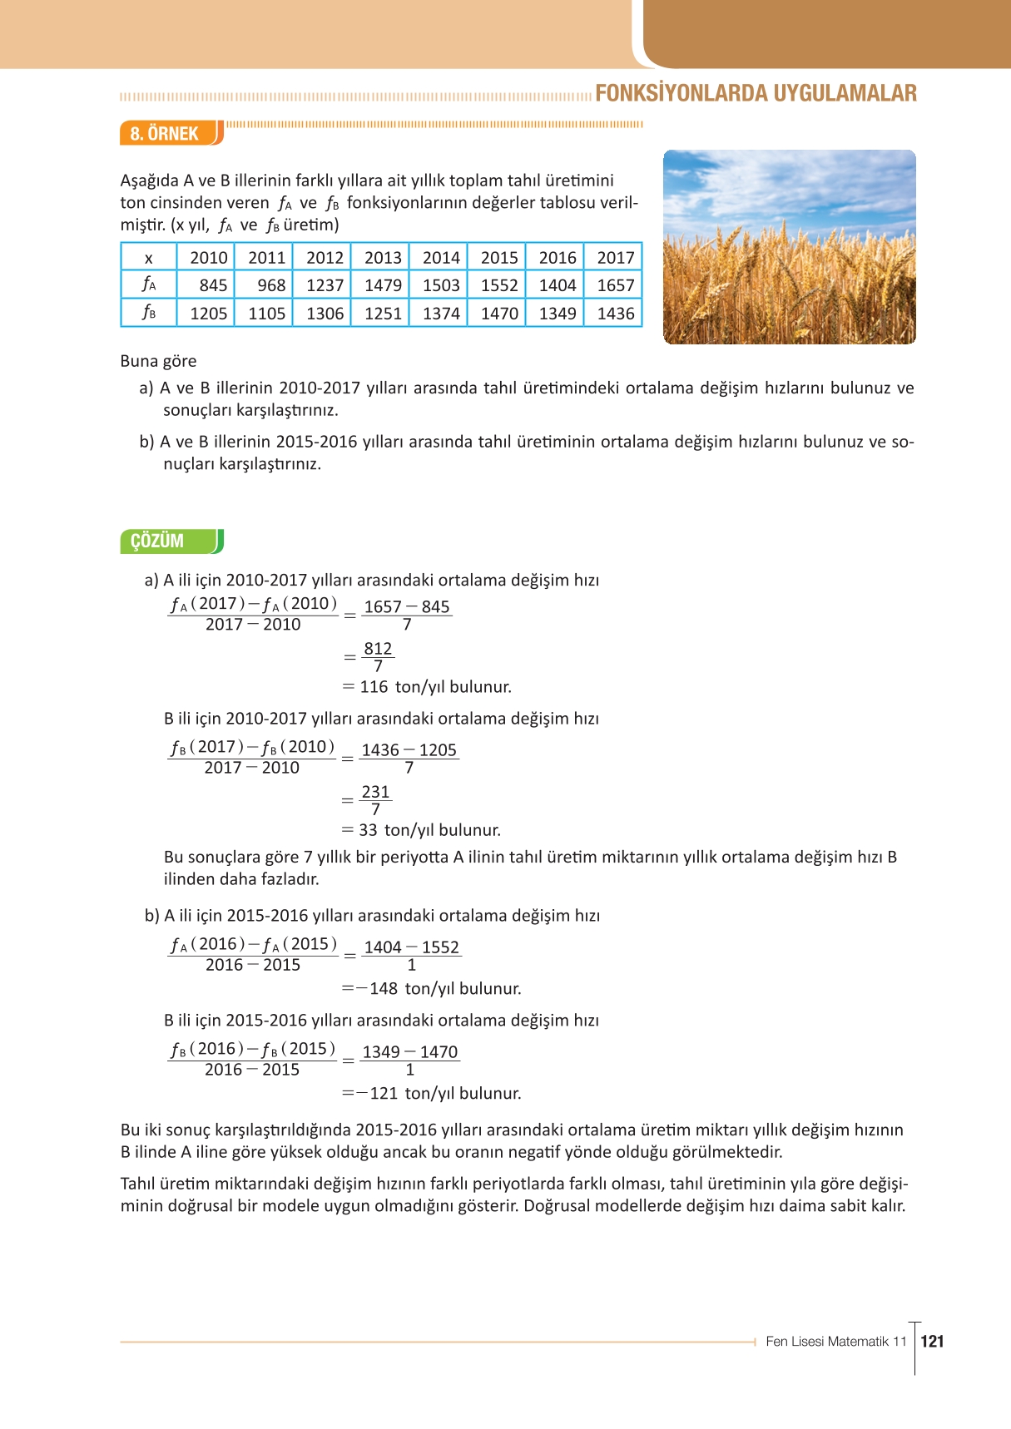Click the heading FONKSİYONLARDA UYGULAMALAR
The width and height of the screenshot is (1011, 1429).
click(x=756, y=93)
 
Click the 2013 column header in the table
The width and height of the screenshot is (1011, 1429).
click(x=382, y=258)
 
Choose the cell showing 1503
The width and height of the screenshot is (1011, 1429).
click(x=440, y=285)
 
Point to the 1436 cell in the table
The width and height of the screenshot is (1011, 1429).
click(x=615, y=314)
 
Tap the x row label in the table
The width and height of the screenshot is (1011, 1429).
click(x=149, y=258)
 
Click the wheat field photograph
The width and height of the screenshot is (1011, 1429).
click(x=789, y=247)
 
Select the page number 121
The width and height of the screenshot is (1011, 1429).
click(x=933, y=1341)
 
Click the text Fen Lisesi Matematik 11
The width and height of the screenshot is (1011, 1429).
click(x=835, y=1341)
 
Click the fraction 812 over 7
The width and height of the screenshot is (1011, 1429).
click(x=378, y=657)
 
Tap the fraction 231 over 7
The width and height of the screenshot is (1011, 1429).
click(x=375, y=800)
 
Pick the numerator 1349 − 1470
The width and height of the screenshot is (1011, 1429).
click(x=409, y=1051)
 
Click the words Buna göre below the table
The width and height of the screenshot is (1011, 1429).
click(x=158, y=361)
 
